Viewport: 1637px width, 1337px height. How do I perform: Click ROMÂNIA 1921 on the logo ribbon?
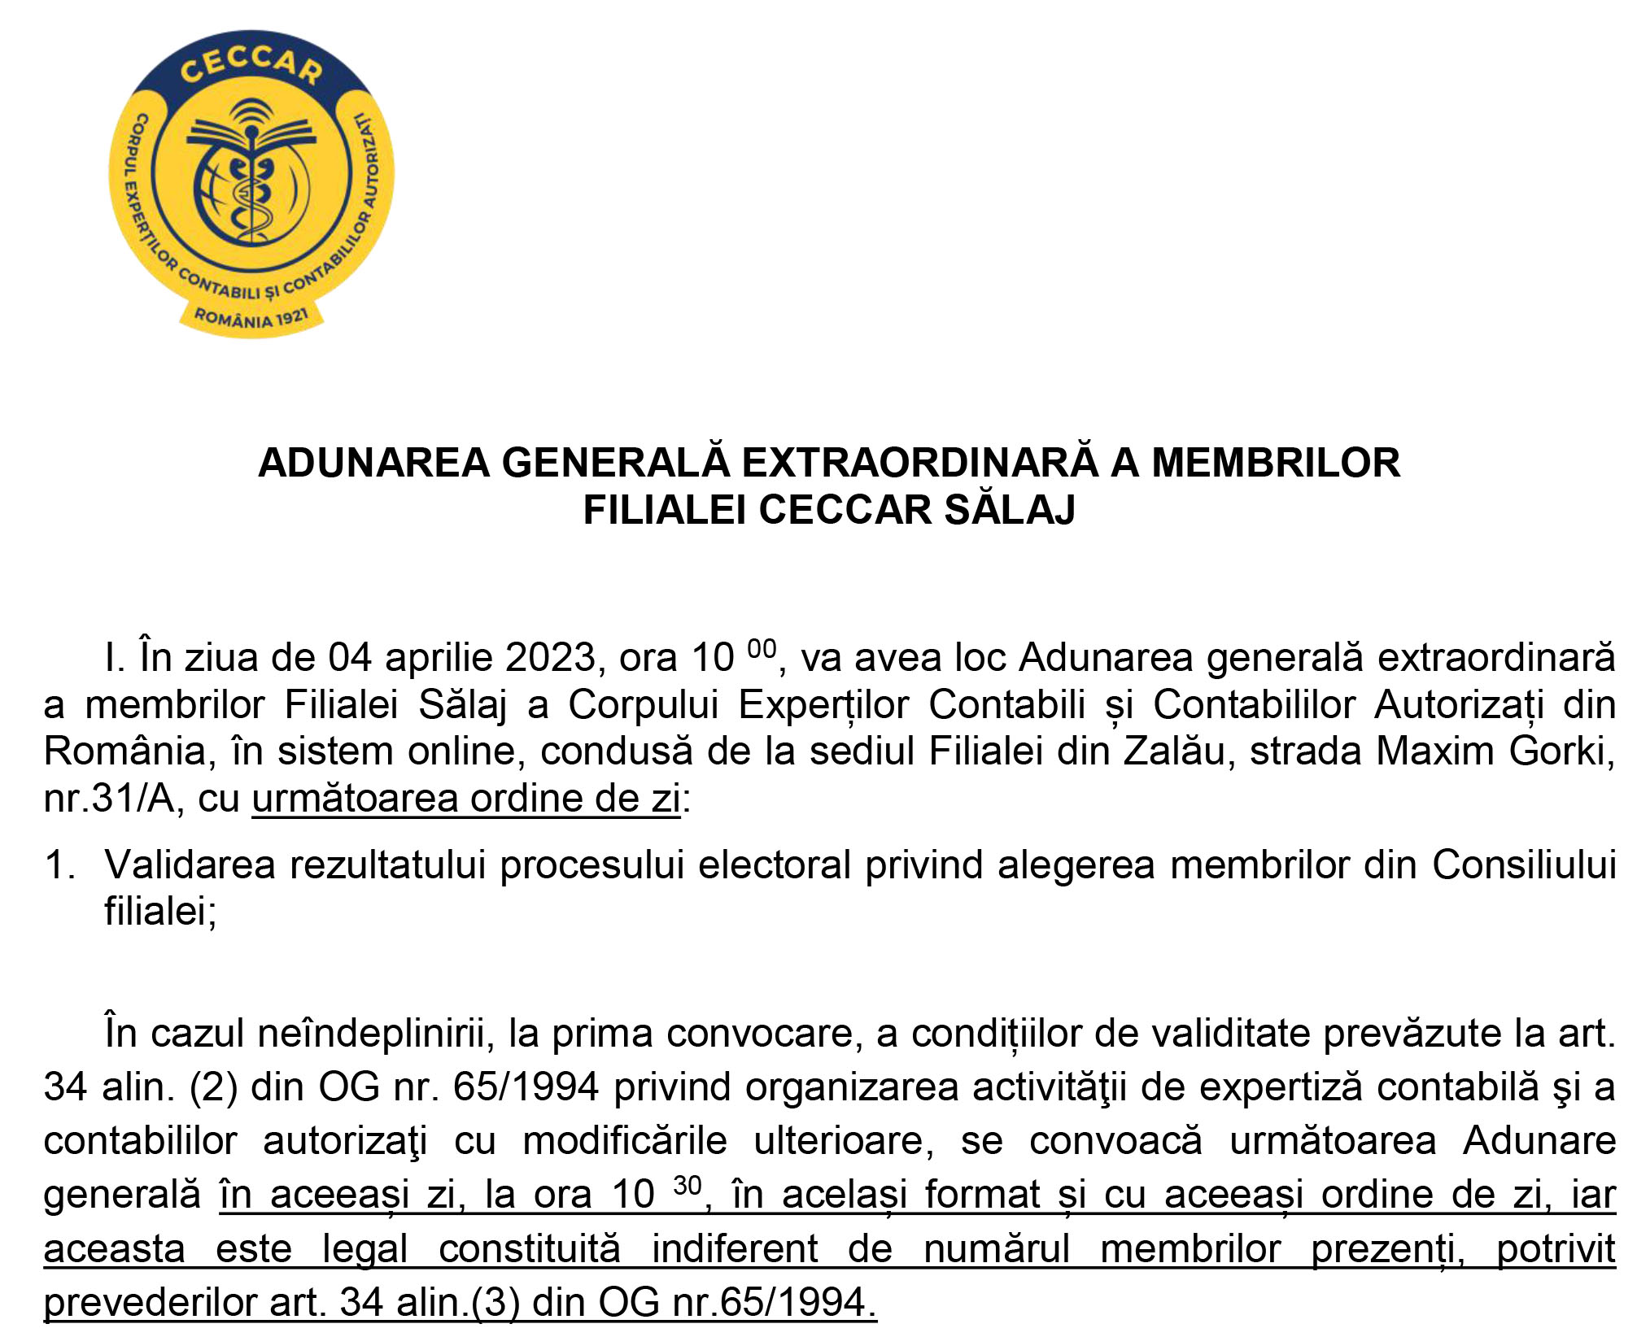coord(251,317)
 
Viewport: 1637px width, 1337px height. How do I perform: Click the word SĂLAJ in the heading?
coord(1009,510)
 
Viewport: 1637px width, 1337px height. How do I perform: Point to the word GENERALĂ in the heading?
coord(615,462)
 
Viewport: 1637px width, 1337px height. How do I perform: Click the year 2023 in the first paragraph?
coord(552,657)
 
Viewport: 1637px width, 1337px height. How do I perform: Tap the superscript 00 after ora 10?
coord(762,649)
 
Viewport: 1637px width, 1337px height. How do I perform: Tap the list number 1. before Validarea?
coord(60,864)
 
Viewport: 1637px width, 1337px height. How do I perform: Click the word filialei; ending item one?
coord(160,911)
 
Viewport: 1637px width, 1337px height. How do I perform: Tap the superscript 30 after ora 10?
coord(688,1185)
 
